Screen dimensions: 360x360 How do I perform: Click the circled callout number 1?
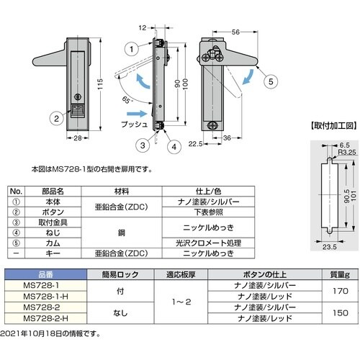coord(132,49)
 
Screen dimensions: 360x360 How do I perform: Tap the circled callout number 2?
coord(56,118)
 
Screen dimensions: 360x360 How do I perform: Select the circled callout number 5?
coord(271,81)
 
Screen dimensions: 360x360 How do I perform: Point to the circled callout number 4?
coord(174,147)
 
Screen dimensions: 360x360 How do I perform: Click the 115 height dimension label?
coord(100,84)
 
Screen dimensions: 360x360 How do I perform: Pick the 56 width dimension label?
coord(235,32)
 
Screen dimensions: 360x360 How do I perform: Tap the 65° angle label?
coord(127,99)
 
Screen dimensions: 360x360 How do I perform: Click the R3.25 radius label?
coord(347,152)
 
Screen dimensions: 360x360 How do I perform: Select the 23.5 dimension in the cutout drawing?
coord(329,247)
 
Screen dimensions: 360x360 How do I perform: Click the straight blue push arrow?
coord(136,114)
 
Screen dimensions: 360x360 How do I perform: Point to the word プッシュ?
coord(135,124)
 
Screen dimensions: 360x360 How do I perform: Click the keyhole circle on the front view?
coord(78,97)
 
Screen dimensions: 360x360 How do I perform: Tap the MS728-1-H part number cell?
coord(45,297)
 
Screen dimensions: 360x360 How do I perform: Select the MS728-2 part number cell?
coord(45,307)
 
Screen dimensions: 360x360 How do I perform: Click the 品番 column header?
coord(45,274)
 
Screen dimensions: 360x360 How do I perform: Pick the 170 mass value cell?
coord(341,291)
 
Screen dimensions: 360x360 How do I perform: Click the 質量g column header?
coord(341,274)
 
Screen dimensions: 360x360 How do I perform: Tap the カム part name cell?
coord(53,243)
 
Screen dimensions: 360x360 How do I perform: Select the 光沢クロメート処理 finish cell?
coord(208,243)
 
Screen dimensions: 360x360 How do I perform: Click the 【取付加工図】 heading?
coord(334,125)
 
